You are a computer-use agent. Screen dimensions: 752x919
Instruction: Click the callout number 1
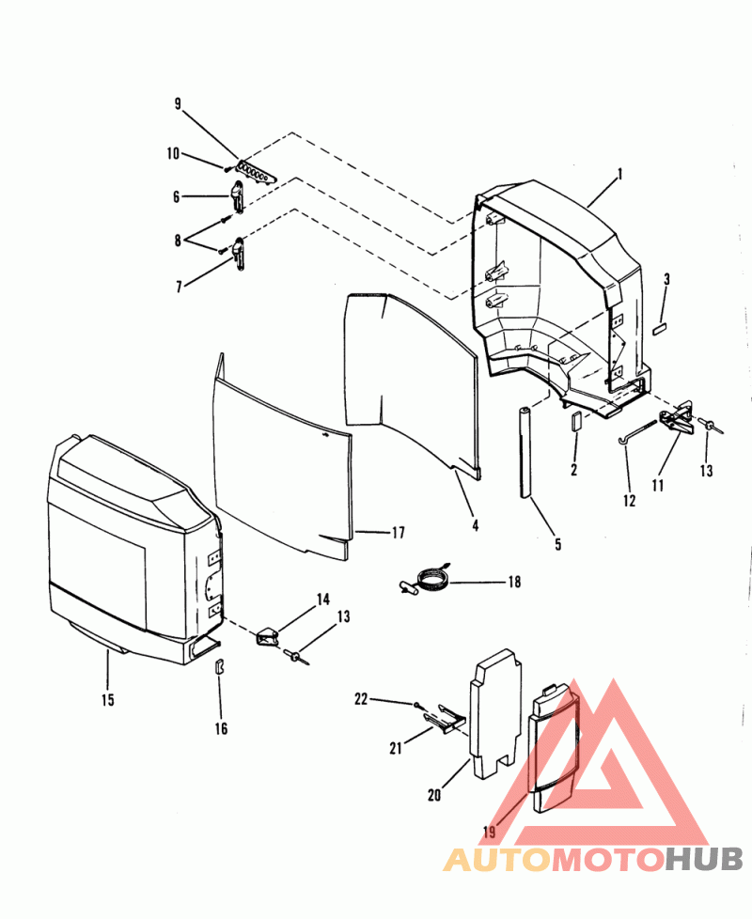pyautogui.click(x=619, y=175)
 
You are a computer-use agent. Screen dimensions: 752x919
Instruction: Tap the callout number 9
pyautogui.click(x=178, y=104)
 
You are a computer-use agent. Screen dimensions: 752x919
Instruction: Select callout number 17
pyautogui.click(x=398, y=533)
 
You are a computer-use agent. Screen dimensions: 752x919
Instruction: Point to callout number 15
pyautogui.click(x=107, y=700)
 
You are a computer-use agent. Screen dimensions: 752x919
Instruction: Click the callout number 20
pyautogui.click(x=434, y=795)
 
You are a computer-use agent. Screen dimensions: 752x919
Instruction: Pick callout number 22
pyautogui.click(x=361, y=699)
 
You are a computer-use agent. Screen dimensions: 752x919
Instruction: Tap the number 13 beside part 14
pyautogui.click(x=343, y=616)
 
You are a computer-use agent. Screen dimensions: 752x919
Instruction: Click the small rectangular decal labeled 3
pyautogui.click(x=660, y=330)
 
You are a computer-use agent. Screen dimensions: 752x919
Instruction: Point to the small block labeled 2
pyautogui.click(x=575, y=421)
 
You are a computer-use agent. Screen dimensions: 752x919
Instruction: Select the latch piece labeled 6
pyautogui.click(x=237, y=196)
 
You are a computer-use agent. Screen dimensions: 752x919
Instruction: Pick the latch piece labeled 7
pyautogui.click(x=239, y=253)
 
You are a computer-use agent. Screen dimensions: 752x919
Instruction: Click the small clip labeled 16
pyautogui.click(x=220, y=667)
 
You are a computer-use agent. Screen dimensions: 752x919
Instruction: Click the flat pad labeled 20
pyautogui.click(x=495, y=714)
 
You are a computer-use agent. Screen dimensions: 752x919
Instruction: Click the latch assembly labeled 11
pyautogui.click(x=677, y=418)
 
